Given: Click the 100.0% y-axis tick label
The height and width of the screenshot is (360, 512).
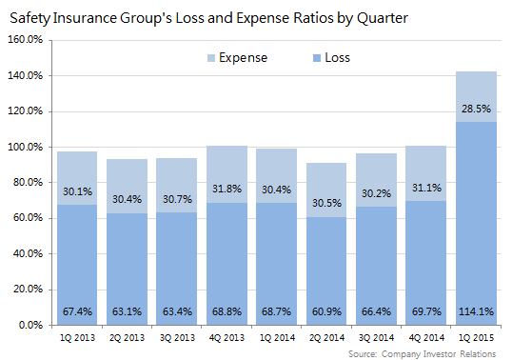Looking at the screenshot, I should [26, 148].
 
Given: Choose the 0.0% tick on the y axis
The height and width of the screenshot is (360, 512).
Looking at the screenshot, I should [31, 326].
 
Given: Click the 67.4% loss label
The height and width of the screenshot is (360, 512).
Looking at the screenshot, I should [77, 310].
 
